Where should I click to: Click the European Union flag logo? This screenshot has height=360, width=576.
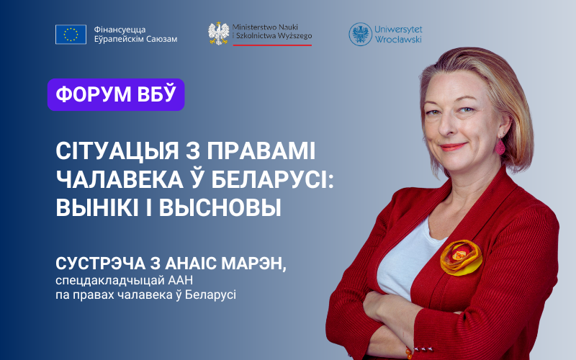coord(71,35)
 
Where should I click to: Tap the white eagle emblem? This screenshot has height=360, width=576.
coord(219,34)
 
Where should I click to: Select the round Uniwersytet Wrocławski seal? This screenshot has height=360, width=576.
coord(361,34)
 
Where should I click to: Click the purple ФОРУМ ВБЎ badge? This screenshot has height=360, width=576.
coord(116,94)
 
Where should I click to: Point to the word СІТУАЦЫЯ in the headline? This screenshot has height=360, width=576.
coord(117,150)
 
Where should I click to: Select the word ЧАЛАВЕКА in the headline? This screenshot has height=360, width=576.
coord(120,179)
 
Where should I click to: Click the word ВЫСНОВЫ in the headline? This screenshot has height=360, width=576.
coord(220,208)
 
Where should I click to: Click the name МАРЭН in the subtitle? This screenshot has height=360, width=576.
coord(254,264)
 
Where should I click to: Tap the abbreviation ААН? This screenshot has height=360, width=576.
coord(181,280)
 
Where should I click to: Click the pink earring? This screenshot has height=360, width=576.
coord(500,146)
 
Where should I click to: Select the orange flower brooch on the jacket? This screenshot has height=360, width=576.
coord(461,257)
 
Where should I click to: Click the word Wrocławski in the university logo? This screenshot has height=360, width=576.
coord(398,40)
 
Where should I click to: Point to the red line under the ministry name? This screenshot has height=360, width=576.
coord(272,45)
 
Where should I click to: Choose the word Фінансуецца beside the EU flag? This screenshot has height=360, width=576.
coord(120,30)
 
